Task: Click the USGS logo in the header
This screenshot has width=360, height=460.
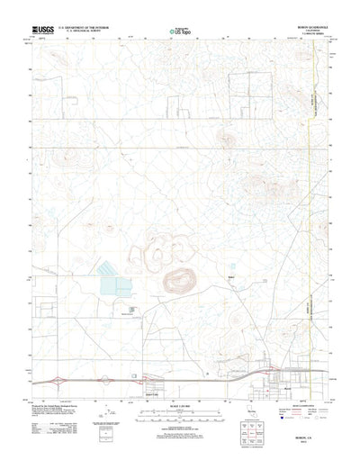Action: coord(44,30)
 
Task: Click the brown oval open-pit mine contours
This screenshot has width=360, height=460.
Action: coord(177,282)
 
